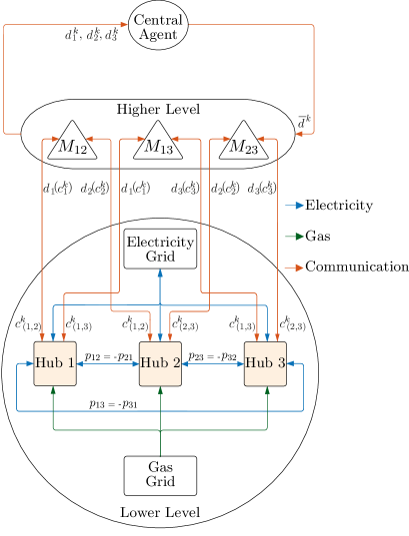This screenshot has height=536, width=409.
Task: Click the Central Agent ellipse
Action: (x=158, y=26)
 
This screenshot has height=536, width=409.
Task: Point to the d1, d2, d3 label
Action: (x=90, y=37)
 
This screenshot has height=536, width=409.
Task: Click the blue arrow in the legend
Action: (x=294, y=207)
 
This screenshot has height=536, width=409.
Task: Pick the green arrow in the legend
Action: (x=294, y=237)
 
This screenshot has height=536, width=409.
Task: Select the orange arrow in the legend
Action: (x=294, y=268)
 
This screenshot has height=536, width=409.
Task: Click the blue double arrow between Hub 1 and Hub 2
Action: (x=107, y=363)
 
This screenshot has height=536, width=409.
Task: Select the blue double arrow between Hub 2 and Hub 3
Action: (x=213, y=363)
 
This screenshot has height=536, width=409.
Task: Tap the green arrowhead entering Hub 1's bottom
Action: (x=53, y=389)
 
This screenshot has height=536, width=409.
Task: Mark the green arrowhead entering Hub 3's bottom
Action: (x=267, y=389)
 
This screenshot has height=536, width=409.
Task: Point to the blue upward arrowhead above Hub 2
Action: (x=160, y=271)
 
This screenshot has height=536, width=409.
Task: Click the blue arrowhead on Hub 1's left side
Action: (x=30, y=363)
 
